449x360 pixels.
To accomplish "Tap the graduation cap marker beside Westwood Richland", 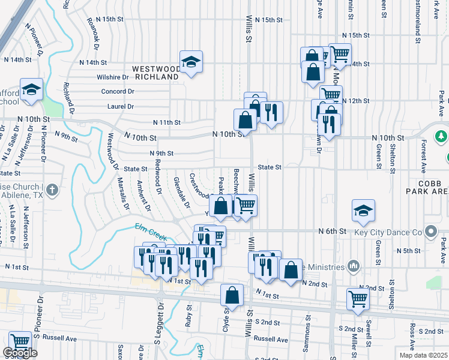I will pyautogui.click(x=191, y=62).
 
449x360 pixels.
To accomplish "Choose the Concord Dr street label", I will pyautogui.click(x=117, y=91).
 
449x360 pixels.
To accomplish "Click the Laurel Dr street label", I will pyautogui.click(x=121, y=106).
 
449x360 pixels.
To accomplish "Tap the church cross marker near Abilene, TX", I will pyautogui.click(x=52, y=191).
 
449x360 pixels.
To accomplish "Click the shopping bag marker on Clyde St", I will pyautogui.click(x=232, y=296).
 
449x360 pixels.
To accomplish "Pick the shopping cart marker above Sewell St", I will pyautogui.click(x=358, y=298).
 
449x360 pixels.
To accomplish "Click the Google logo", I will pyautogui.click(x=20, y=353).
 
